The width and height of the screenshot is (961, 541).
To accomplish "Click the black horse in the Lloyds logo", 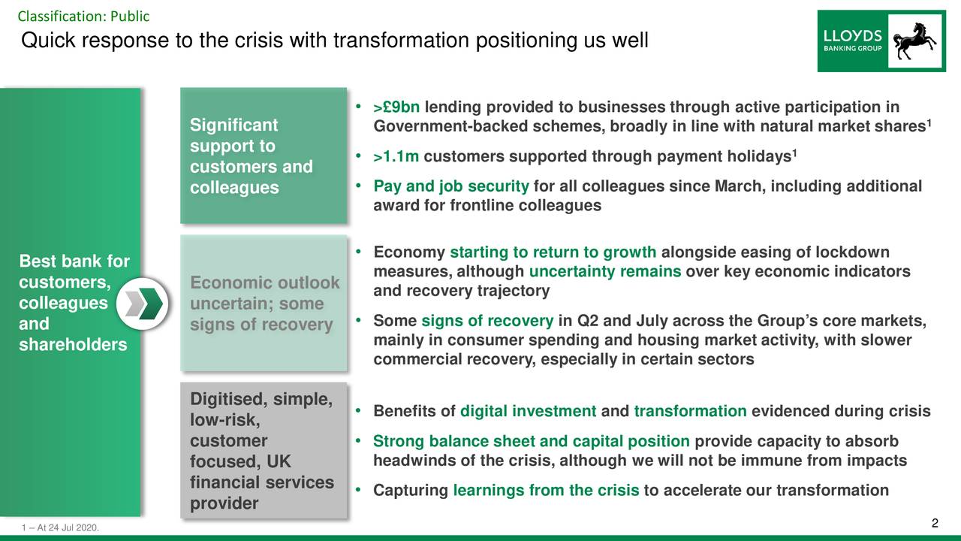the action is point(914,41).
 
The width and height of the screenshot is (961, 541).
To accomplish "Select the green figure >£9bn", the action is point(396,107).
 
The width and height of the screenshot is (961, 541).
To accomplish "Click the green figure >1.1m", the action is point(396,156).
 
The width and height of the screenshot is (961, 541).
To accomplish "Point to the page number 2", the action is point(935,523).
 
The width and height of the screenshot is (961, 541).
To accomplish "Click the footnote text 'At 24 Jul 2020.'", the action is point(68,527).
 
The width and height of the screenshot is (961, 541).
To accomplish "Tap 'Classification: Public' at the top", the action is point(83,17).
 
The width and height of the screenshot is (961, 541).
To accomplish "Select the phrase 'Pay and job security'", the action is point(451,186).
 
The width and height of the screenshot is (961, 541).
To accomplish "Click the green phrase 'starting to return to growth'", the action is point(553,252).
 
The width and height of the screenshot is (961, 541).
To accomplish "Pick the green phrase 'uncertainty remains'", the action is point(605,271).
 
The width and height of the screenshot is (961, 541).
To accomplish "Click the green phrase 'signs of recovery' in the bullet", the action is point(487,321).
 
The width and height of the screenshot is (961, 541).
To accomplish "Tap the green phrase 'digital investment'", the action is point(528,411).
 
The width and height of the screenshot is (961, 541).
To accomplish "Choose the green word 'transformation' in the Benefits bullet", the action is point(690,411).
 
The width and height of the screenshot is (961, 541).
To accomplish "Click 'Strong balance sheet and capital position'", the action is point(531,441).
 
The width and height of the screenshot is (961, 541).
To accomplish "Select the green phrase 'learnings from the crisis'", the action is point(546,490).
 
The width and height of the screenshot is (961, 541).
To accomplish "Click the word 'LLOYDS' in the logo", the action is point(852,36).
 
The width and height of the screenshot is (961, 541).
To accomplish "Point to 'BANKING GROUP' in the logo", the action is point(852,49).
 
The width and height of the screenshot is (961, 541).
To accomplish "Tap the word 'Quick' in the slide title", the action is point(48,41).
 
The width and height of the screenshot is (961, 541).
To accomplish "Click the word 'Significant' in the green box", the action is point(233,125).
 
